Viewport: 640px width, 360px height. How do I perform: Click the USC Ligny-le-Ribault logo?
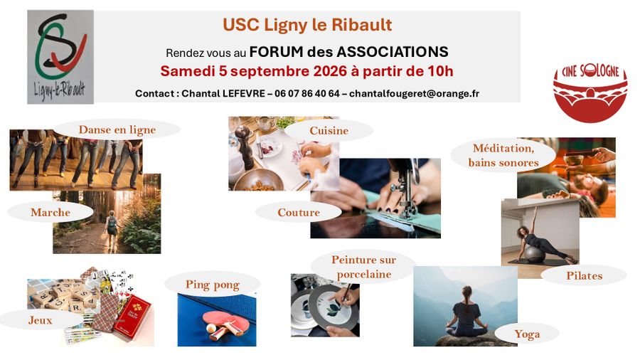60,57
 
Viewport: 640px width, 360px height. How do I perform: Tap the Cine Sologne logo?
590,92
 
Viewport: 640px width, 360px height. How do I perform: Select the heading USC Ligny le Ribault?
307,25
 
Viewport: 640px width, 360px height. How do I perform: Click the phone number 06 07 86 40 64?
307,93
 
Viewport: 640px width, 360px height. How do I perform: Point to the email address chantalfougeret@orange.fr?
414,93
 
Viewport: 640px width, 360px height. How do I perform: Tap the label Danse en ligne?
117,129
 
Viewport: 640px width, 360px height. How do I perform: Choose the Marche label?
50,212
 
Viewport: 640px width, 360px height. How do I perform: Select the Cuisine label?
329,131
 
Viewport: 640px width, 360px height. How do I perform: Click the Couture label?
299,212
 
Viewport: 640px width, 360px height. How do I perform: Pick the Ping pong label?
212,285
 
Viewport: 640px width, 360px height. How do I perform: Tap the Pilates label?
584,276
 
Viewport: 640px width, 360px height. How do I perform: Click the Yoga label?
527,334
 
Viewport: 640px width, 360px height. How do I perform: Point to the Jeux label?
41,320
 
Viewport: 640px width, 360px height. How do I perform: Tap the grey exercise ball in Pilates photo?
535,254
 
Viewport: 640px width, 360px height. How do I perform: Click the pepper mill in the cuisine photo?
246,147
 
